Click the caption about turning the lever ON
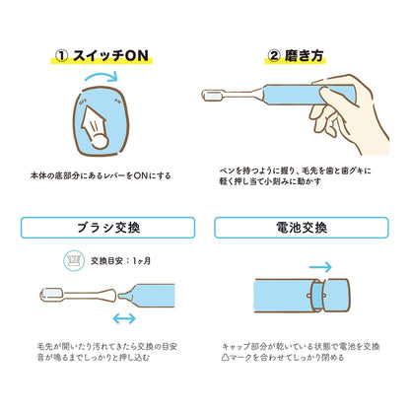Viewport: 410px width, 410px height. pyautogui.click(x=102, y=176)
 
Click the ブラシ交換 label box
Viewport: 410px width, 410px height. pyautogui.click(x=102, y=229)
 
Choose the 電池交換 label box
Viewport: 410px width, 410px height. pyautogui.click(x=307, y=229)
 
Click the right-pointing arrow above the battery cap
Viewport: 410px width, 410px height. pyautogui.click(x=321, y=265)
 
